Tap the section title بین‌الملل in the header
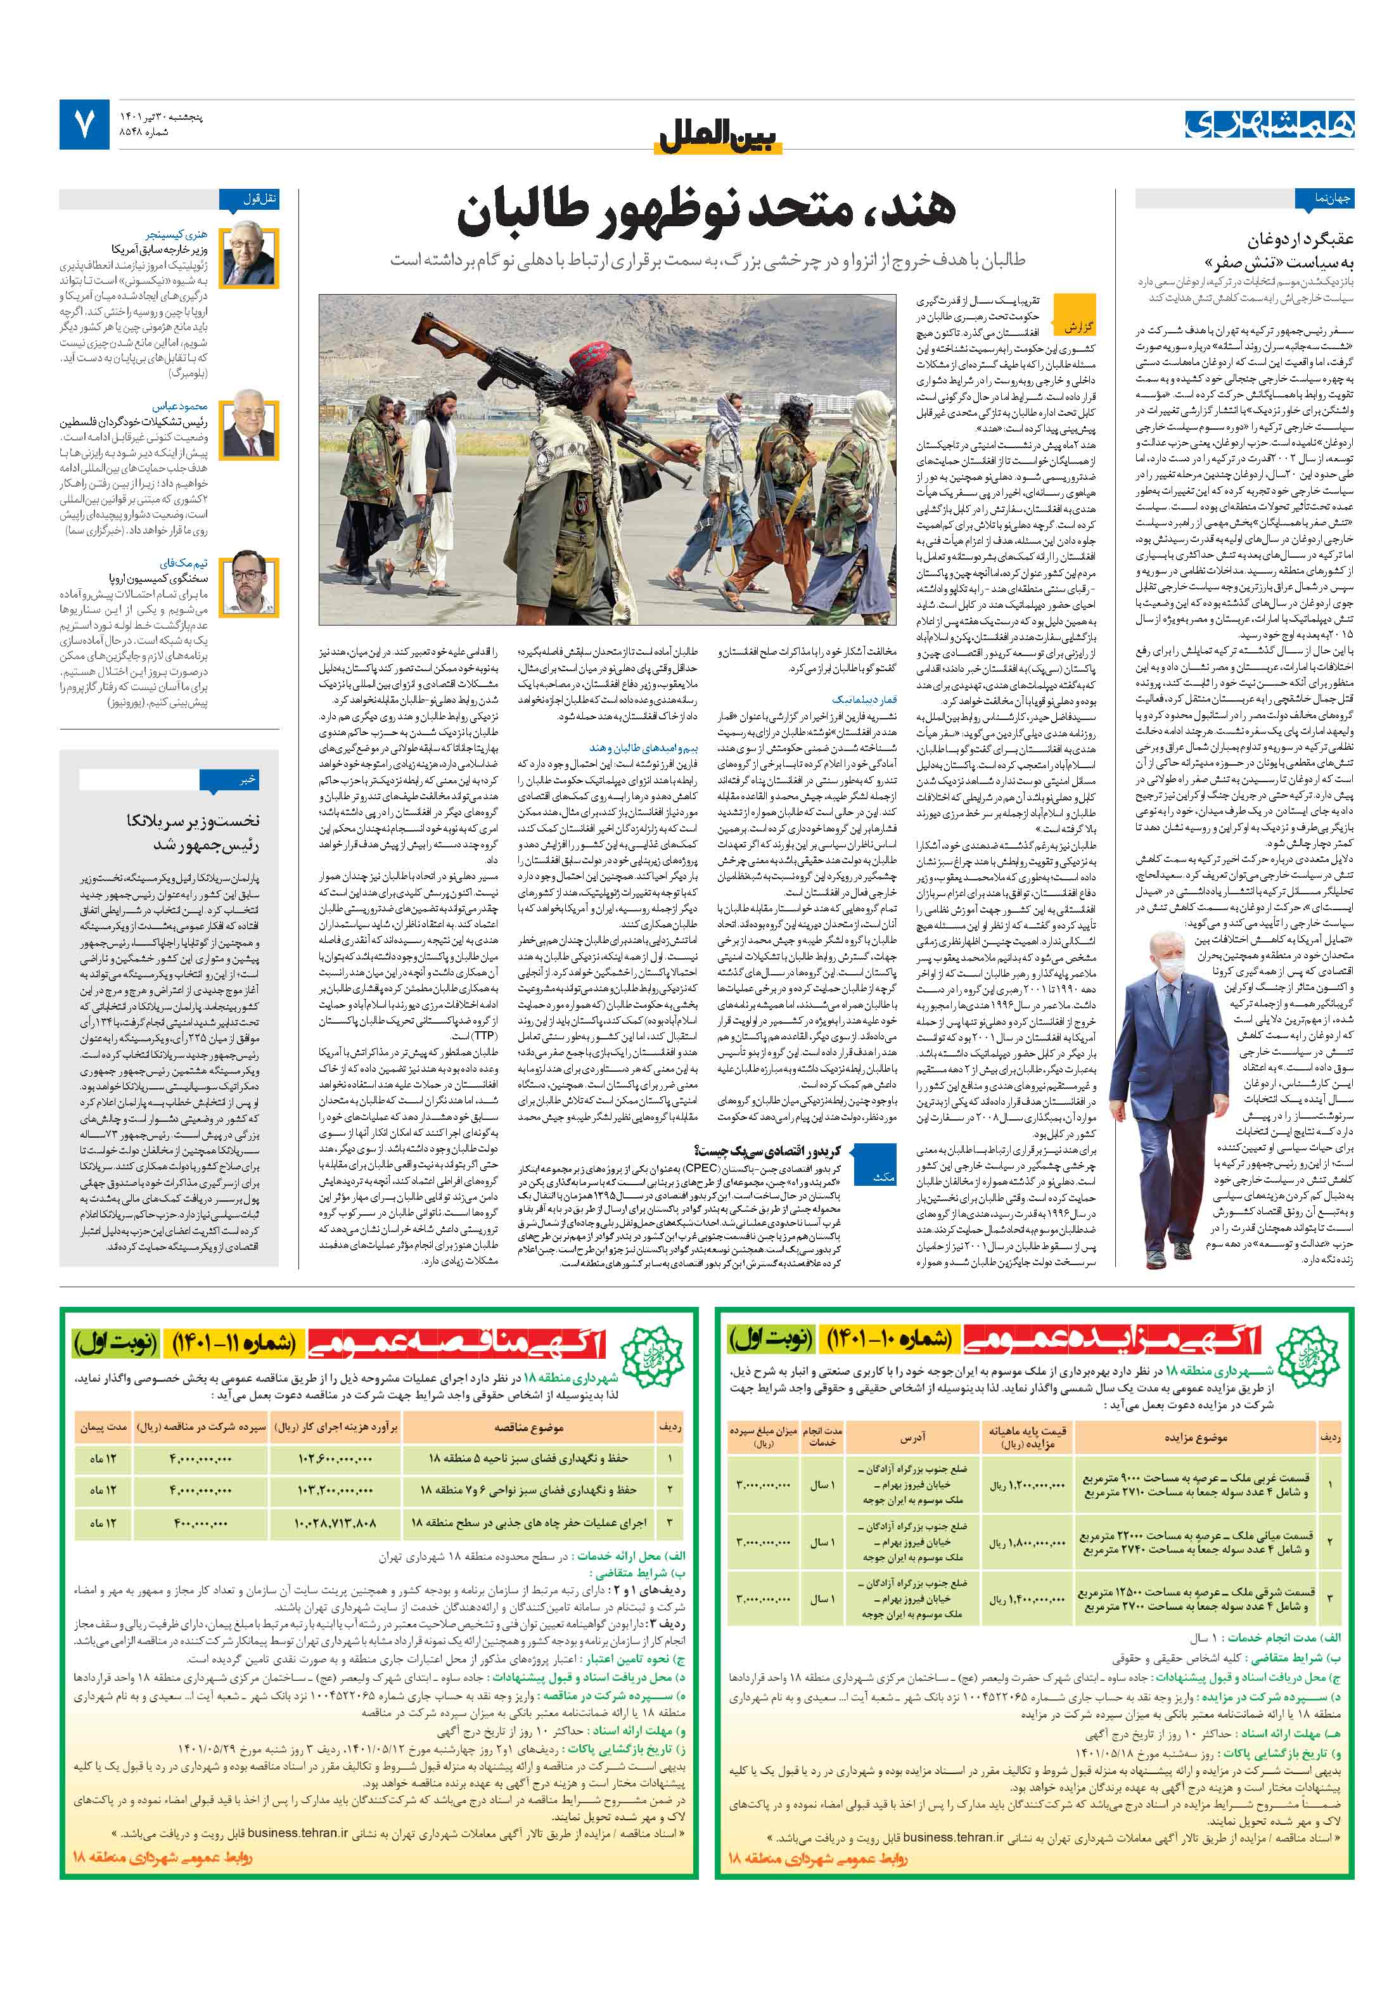pyautogui.click(x=719, y=137)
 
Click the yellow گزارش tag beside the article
pyautogui.click(x=1076, y=327)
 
